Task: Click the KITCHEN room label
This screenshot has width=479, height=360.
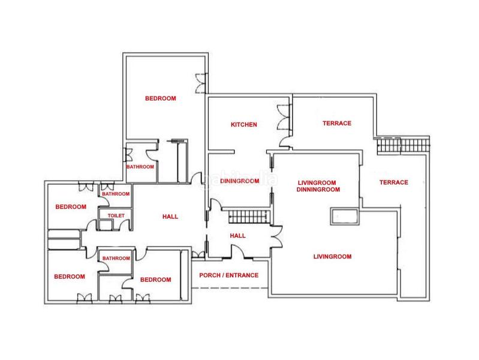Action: [244, 124]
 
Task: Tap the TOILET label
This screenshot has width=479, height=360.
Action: [116, 215]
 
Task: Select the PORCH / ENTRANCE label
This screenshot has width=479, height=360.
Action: [229, 275]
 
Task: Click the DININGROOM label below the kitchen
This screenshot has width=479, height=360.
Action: [240, 181]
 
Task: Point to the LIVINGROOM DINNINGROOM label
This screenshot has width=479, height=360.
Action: [318, 186]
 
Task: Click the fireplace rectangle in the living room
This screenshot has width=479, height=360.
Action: [345, 217]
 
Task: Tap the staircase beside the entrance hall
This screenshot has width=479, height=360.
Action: [249, 217]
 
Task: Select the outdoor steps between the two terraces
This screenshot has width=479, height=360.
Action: [403, 145]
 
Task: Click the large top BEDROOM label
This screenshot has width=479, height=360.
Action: [161, 98]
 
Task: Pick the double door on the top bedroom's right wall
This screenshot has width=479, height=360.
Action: [201, 83]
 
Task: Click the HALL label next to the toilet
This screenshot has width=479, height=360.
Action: [170, 217]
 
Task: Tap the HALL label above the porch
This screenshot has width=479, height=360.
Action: [237, 236]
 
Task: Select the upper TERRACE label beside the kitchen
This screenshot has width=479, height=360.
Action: [337, 123]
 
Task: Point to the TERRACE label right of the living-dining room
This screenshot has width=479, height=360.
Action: [394, 182]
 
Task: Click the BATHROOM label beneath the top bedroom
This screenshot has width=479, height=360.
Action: [140, 167]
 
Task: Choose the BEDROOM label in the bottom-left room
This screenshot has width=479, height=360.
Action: [70, 277]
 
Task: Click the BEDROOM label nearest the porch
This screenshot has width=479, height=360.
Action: [155, 280]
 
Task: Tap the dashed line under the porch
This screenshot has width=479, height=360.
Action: [230, 288]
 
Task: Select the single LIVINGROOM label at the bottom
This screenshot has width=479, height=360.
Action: [332, 257]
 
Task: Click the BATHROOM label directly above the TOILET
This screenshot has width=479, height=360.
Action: [116, 194]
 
